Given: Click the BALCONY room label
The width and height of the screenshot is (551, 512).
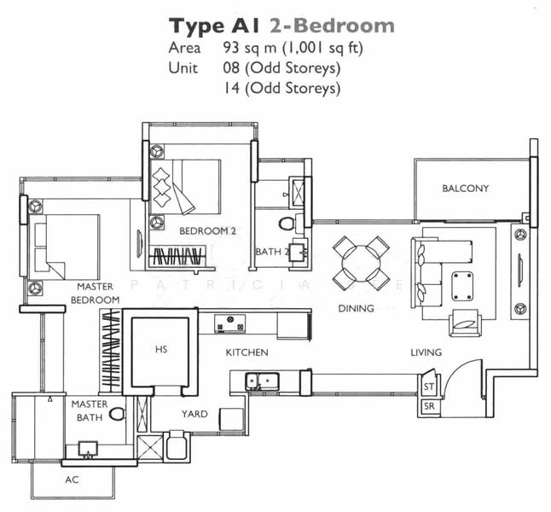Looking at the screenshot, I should [x=465, y=189].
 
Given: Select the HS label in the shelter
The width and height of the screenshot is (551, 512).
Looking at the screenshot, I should [x=160, y=349].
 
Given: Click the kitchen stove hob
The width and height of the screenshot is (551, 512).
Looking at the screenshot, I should [x=230, y=323].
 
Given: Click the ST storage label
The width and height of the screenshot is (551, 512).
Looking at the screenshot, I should [x=429, y=388].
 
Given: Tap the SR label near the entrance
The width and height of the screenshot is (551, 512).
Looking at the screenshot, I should [x=429, y=406].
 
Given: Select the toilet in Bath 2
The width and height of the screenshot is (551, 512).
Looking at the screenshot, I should [x=287, y=224].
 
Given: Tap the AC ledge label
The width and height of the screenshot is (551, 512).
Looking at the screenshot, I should [x=72, y=480].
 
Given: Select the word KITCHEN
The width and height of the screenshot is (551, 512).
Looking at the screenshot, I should [x=246, y=352].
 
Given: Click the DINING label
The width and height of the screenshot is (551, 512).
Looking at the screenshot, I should [x=356, y=308].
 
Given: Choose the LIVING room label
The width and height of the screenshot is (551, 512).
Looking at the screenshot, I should [x=426, y=352].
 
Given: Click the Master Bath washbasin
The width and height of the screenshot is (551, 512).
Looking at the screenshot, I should [x=86, y=448].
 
